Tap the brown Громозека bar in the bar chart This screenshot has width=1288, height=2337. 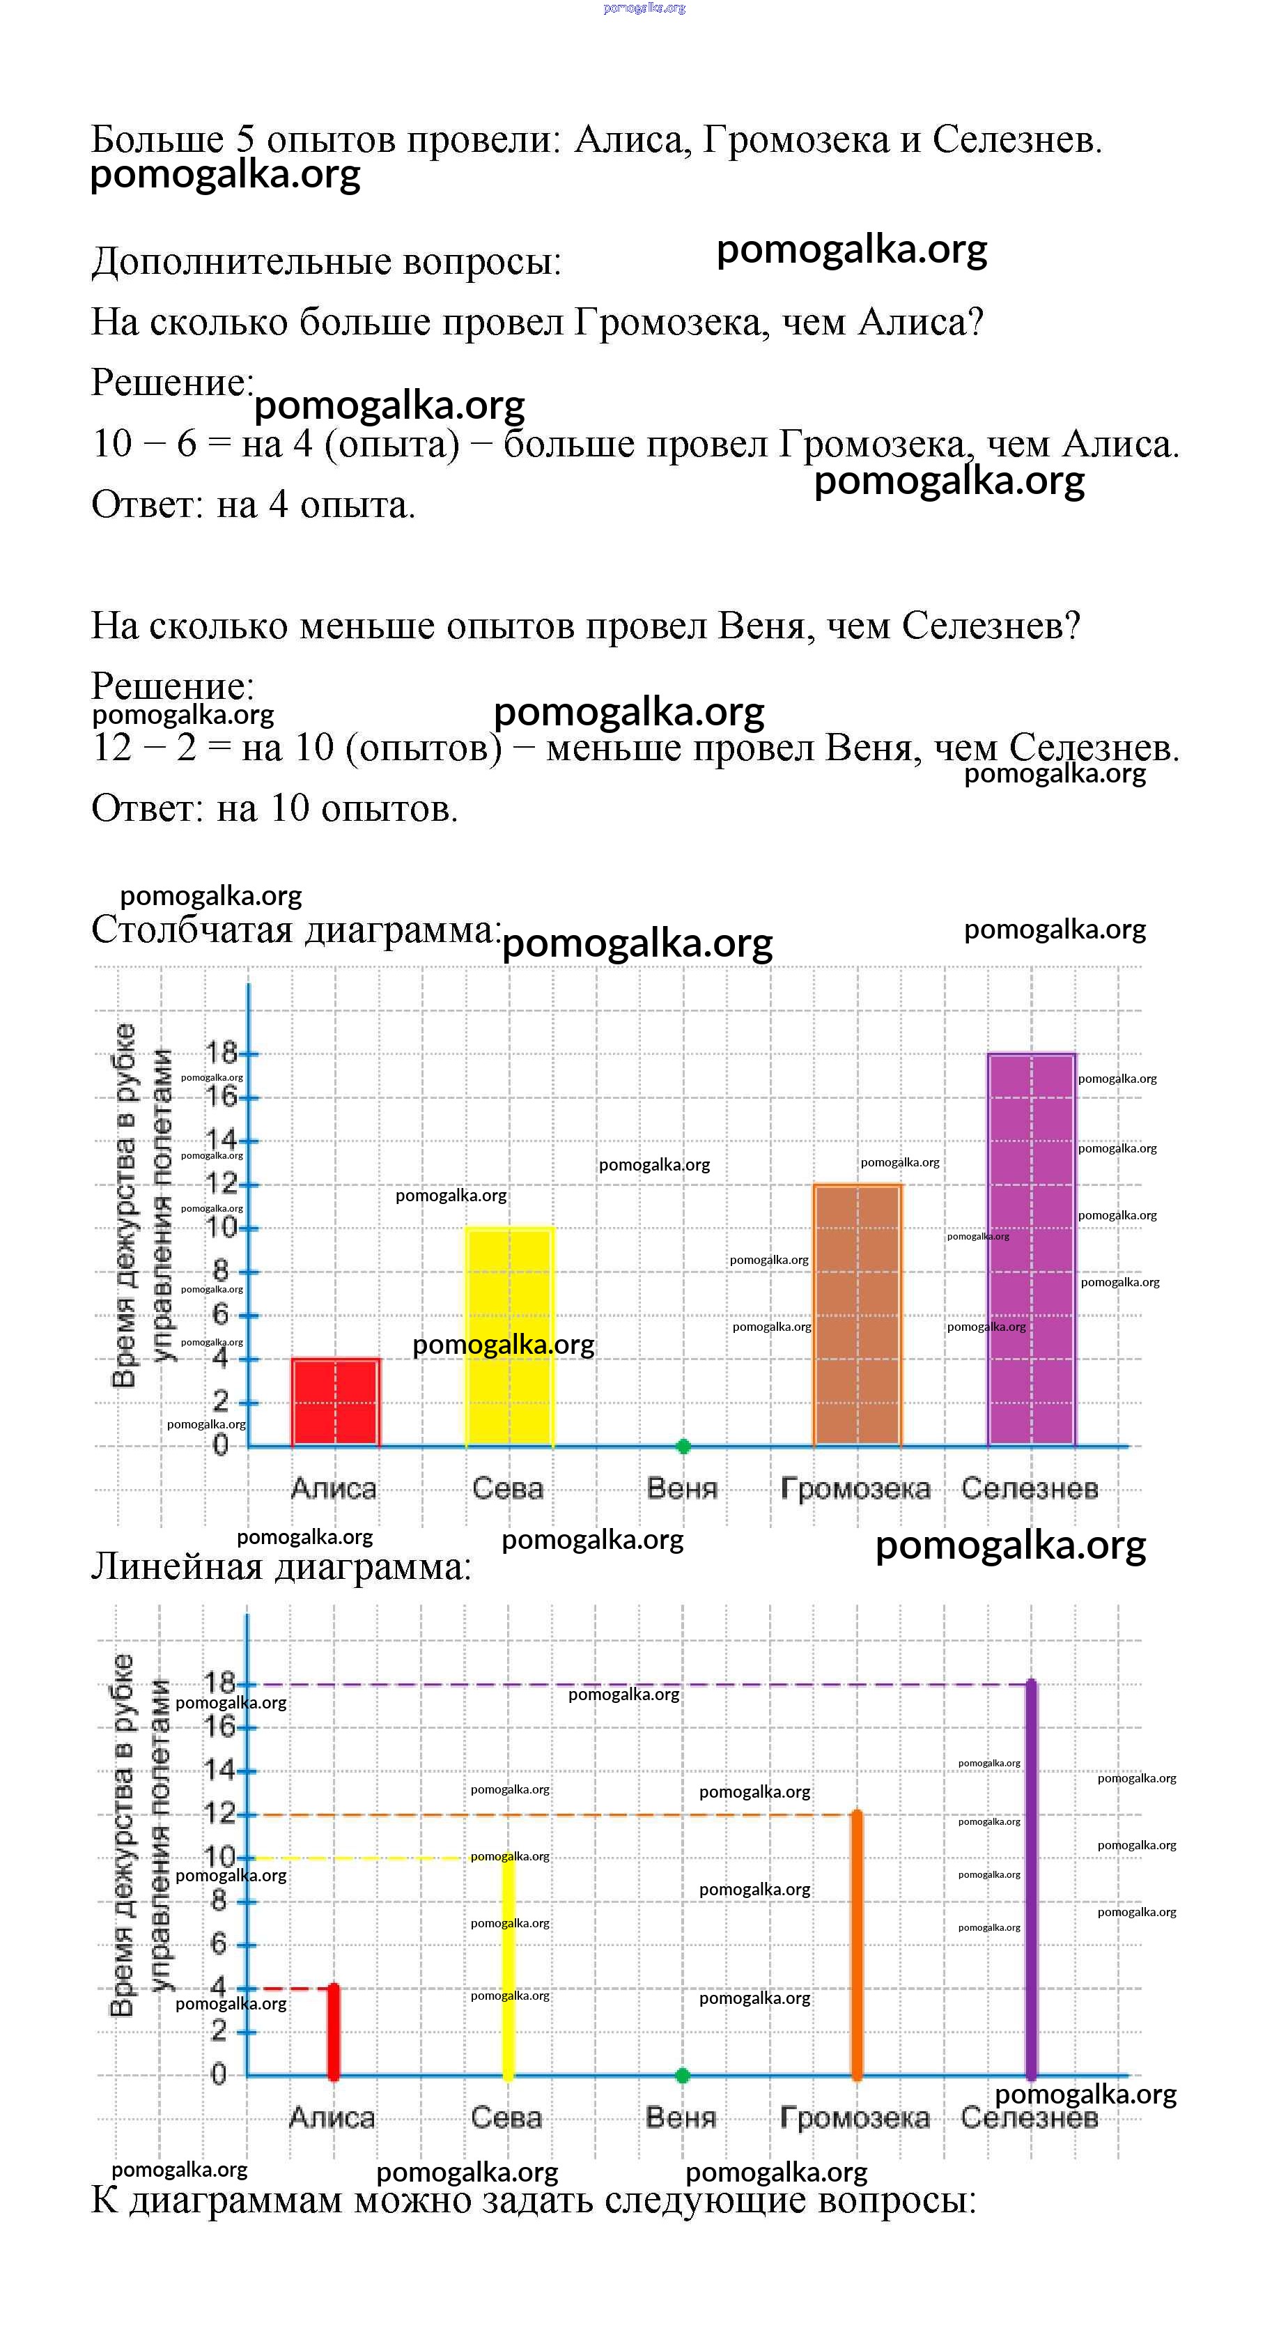click(857, 1316)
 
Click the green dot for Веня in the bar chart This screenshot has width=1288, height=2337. click(684, 1446)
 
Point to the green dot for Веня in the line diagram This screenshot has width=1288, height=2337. click(683, 2075)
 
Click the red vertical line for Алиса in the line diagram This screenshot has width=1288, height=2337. click(333, 2033)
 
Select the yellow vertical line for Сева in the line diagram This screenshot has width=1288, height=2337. click(508, 1968)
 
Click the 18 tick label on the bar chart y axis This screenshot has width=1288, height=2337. click(220, 1054)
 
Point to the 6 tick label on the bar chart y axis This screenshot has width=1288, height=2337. click(220, 1315)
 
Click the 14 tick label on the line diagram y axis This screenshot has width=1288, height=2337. click(219, 1770)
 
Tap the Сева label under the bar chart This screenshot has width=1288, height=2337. click(508, 1489)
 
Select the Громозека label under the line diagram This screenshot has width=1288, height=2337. click(855, 2118)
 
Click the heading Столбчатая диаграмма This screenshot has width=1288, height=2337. click(295, 930)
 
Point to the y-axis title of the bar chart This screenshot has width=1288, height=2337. click(140, 1207)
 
